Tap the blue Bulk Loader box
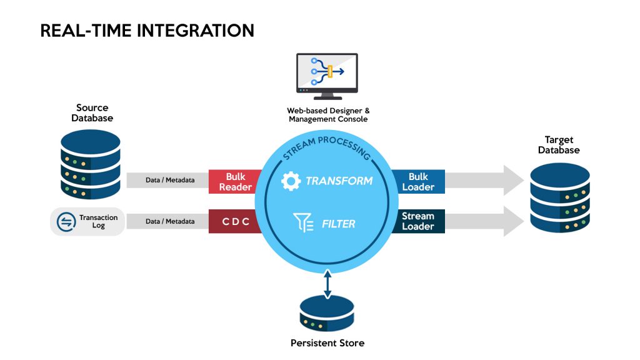pos(418,181)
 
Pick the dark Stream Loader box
pos(418,221)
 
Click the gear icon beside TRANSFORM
pos(291,181)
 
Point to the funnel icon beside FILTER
pos(303,223)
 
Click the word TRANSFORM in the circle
pos(339,181)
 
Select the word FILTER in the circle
pos(338,224)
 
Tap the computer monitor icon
pos(327,76)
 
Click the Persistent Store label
pos(327,343)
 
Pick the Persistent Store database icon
pos(327,312)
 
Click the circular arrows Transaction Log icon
pos(65,221)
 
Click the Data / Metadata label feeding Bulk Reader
pos(170,181)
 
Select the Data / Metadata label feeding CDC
pos(170,221)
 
